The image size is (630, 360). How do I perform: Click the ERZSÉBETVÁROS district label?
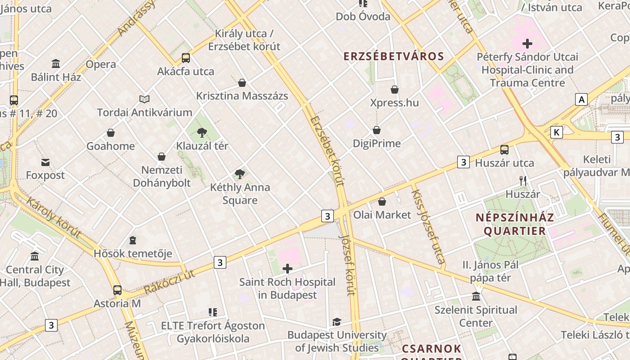click(x=394, y=56)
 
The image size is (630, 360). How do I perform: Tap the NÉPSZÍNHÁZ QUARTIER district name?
click(x=515, y=224)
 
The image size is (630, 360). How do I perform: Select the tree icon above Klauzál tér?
click(x=202, y=132)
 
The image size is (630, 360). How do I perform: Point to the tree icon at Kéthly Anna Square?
click(x=240, y=174)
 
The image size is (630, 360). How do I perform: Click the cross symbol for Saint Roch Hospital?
click(x=287, y=269)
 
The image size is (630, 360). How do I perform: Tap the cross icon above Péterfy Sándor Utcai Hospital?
click(x=527, y=44)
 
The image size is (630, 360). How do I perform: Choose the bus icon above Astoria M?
click(x=117, y=290)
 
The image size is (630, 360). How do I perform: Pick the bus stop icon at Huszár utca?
click(x=504, y=150)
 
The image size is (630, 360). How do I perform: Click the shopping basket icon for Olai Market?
click(x=382, y=202)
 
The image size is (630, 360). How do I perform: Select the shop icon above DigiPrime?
click(x=377, y=130)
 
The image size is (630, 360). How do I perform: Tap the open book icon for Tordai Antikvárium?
click(x=144, y=99)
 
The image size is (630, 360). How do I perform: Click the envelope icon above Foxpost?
click(x=45, y=162)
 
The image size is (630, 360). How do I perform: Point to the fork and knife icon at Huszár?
click(x=522, y=181)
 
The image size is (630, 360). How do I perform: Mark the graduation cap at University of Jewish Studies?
click(x=337, y=322)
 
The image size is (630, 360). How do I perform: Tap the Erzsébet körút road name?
click(x=327, y=151)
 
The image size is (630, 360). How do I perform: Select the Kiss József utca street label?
click(x=428, y=226)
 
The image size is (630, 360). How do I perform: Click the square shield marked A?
click(x=581, y=99)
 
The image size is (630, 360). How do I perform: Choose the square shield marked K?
click(x=557, y=132)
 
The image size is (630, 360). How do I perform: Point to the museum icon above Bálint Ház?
click(x=56, y=63)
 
